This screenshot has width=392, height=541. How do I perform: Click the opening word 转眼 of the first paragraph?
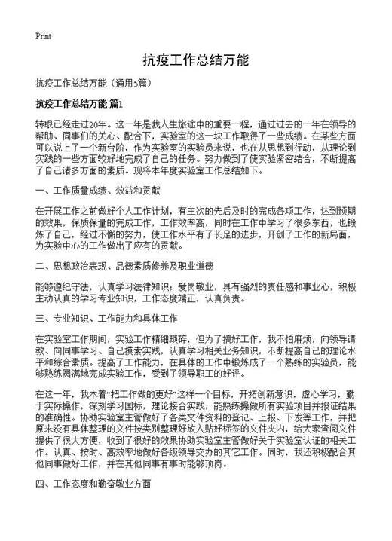(44, 123)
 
